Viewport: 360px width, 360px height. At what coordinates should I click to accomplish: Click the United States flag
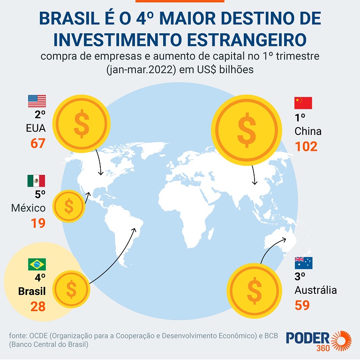click(x=37, y=101)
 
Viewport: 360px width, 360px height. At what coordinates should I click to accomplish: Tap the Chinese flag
click(x=303, y=103)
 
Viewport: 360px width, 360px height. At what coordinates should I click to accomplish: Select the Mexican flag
click(x=36, y=181)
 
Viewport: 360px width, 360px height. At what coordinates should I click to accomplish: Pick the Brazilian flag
click(x=37, y=264)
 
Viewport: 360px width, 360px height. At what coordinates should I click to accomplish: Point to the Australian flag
click(x=303, y=263)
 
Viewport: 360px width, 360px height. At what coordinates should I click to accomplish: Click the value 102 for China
click(x=306, y=146)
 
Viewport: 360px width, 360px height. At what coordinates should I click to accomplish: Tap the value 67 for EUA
click(x=38, y=143)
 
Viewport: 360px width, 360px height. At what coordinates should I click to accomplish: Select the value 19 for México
click(x=38, y=223)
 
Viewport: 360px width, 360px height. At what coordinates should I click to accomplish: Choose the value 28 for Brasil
click(x=38, y=307)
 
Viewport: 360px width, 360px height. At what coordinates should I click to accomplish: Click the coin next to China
click(x=246, y=125)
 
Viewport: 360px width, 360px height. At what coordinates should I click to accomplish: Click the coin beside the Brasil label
click(x=71, y=289)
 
